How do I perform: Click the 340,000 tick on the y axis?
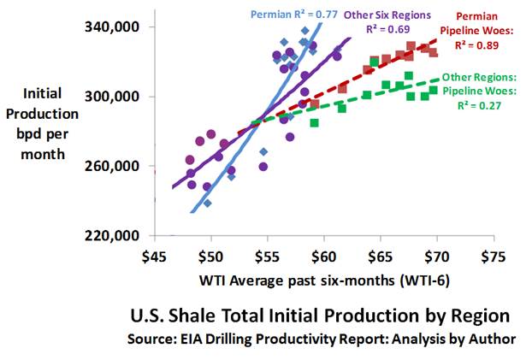(x=112, y=27)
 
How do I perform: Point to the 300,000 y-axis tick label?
(x=112, y=97)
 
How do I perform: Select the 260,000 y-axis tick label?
(x=112, y=166)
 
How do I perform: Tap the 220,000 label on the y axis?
(x=112, y=235)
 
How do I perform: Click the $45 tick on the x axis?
(x=155, y=256)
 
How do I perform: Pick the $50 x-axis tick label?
(x=211, y=256)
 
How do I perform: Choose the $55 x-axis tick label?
(x=268, y=256)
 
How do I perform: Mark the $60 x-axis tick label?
(x=323, y=256)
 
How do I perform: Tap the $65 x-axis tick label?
(x=380, y=256)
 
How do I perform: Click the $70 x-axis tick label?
(x=436, y=256)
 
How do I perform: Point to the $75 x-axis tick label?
(x=493, y=256)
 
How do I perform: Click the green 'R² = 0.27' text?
(x=484, y=106)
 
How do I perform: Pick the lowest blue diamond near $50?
(x=208, y=204)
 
